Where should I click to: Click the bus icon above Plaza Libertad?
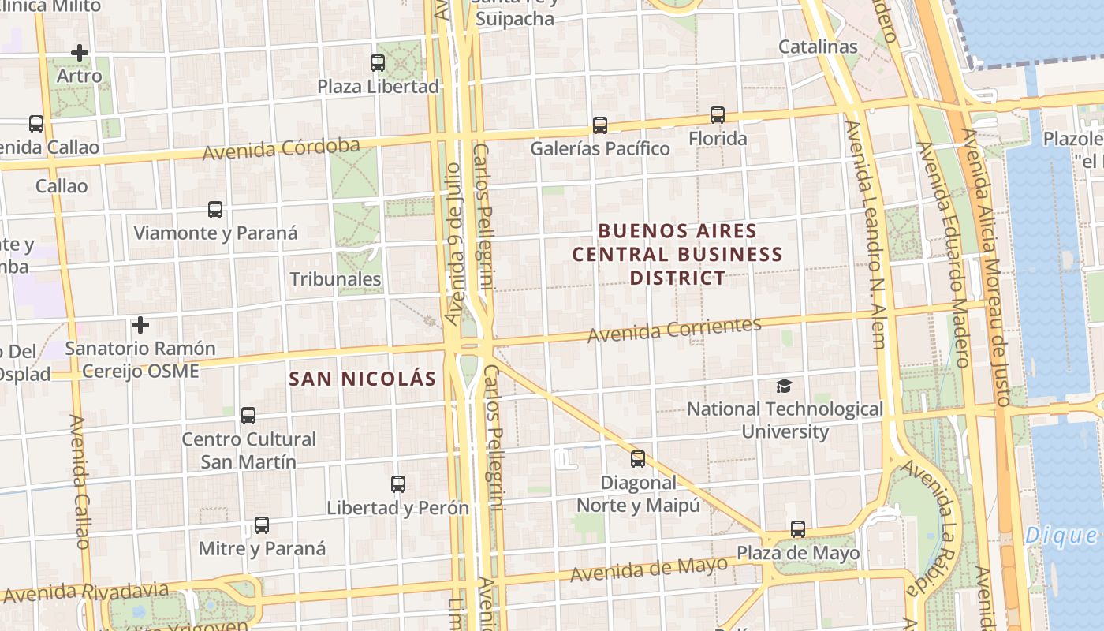pos(378,62)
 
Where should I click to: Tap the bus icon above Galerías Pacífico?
pos(600,125)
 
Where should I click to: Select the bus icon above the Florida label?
pos(718,115)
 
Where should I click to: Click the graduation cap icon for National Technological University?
pos(784,386)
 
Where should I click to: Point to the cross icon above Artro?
pos(80,53)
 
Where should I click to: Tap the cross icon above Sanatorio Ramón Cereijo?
pos(140,325)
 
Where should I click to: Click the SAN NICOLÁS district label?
pos(363,379)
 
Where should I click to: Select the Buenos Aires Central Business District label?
pos(677,254)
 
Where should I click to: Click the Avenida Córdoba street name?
pos(281,148)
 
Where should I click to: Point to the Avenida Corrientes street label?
pos(674,329)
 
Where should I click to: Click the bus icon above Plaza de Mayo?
pos(798,529)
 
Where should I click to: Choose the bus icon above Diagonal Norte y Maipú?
pos(638,458)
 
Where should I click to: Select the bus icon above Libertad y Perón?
pos(398,484)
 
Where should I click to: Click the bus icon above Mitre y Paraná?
pos(262,525)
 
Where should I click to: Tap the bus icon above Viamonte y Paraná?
pos(215,210)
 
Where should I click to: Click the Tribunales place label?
pos(335,279)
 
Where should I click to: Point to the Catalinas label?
pos(818,47)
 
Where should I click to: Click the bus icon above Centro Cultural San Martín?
pos(248,416)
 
